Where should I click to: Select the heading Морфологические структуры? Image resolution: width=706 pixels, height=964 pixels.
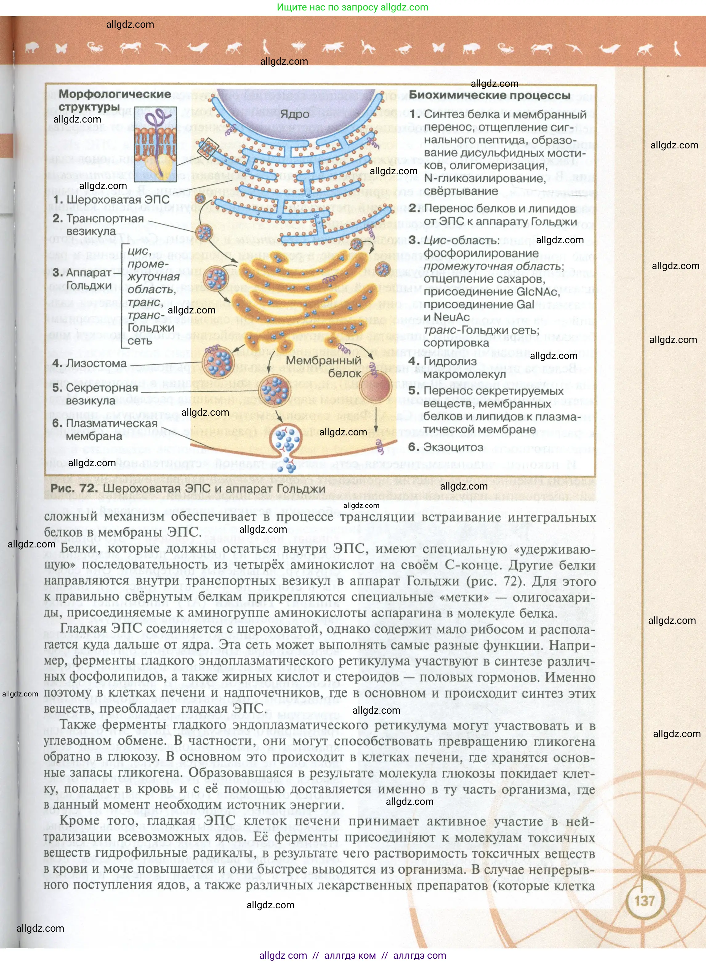coord(115,100)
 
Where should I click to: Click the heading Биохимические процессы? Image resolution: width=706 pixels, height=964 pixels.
coord(490,95)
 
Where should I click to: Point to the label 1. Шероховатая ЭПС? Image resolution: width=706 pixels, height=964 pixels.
coord(111,200)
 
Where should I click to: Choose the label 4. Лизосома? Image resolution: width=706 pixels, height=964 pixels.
coord(90,363)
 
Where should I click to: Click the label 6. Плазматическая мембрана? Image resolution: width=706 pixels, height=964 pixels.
coord(105,430)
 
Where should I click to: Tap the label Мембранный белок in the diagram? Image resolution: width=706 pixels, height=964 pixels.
coord(324,367)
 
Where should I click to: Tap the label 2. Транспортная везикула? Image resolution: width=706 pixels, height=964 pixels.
coord(98,224)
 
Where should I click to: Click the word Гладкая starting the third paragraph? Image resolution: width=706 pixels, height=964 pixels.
coord(84,629)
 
